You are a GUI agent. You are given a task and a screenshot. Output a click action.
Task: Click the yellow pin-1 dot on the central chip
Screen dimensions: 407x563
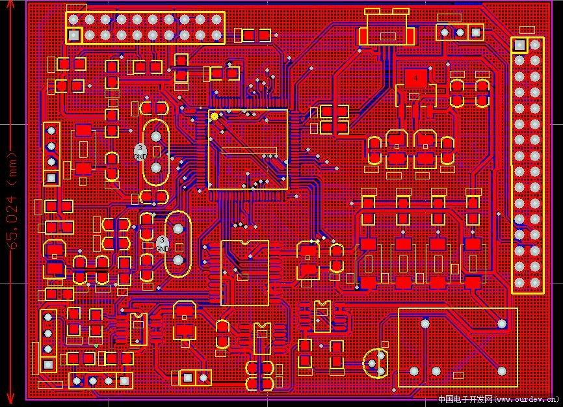[215, 116]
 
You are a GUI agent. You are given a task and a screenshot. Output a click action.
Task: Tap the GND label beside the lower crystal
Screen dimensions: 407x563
[163, 248]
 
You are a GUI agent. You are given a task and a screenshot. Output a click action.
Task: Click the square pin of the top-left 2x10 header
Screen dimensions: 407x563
[73, 35]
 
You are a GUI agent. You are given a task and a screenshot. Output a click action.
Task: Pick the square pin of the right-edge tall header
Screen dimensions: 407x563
[519, 45]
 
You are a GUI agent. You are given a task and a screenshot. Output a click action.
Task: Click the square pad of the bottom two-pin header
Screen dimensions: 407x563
[187, 377]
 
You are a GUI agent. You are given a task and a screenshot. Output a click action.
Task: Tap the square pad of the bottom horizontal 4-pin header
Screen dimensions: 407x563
[124, 380]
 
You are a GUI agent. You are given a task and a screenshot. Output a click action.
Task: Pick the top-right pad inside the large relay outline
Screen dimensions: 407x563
[501, 324]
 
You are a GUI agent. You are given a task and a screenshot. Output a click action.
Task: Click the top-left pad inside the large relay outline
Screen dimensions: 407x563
[425, 323]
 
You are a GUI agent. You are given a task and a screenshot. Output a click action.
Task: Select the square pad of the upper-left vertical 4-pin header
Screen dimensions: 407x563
[51, 177]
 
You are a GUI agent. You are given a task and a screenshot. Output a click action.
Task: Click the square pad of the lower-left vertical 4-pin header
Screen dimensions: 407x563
[47, 365]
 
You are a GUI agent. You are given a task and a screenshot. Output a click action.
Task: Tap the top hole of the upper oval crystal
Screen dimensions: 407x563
[156, 137]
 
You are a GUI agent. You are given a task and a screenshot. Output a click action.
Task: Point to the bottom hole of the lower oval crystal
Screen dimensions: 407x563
[177, 260]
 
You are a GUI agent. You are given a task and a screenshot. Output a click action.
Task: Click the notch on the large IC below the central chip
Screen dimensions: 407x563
[244, 242]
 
